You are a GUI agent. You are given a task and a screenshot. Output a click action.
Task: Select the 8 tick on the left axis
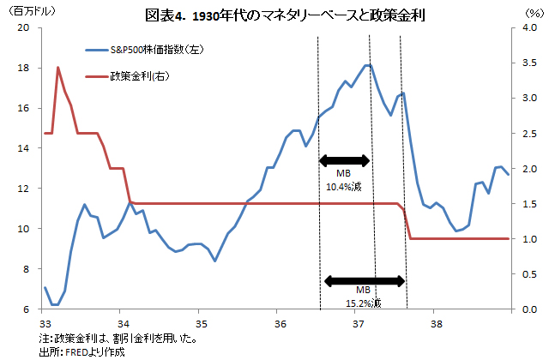tap(27, 269)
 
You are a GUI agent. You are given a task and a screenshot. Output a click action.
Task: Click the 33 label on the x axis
tap(45, 323)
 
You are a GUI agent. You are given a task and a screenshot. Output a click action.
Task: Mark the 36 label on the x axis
tap(280, 323)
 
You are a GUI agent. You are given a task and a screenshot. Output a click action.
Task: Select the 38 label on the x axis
tap(436, 323)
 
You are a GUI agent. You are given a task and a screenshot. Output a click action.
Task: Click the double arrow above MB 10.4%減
tap(344, 160)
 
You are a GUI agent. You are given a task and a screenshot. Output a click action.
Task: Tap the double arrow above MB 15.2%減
tap(364, 279)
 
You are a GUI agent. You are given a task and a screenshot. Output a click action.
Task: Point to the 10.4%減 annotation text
tap(344, 184)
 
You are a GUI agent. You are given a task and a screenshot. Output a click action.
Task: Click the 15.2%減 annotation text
tap(364, 303)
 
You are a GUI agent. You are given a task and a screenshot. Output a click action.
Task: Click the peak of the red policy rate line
tap(57, 67)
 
